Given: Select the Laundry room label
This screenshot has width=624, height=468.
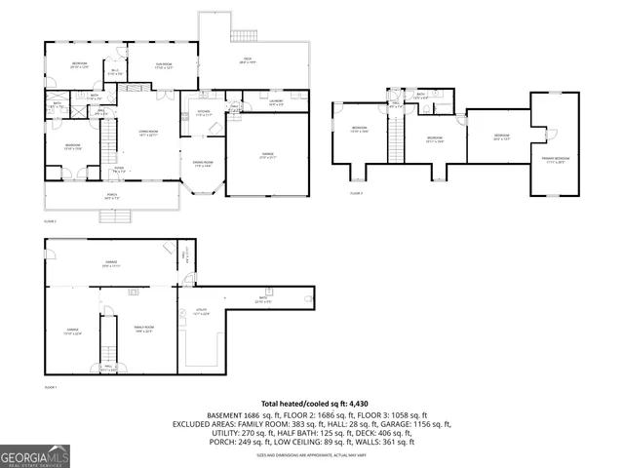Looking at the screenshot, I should click(276, 101).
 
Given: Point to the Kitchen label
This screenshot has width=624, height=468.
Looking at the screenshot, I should click(205, 112).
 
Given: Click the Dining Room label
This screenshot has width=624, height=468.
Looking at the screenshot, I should click(203, 164).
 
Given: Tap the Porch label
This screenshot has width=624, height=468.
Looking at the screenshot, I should click(112, 198).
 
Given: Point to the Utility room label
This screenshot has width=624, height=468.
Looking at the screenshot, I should click(201, 313).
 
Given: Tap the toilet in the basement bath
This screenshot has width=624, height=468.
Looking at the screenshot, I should click(309, 297).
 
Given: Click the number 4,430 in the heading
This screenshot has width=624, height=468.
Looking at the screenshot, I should click(362, 403).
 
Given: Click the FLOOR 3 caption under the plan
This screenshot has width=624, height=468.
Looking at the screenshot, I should click(356, 194).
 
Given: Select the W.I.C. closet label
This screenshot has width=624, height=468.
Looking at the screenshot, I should click(114, 71).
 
